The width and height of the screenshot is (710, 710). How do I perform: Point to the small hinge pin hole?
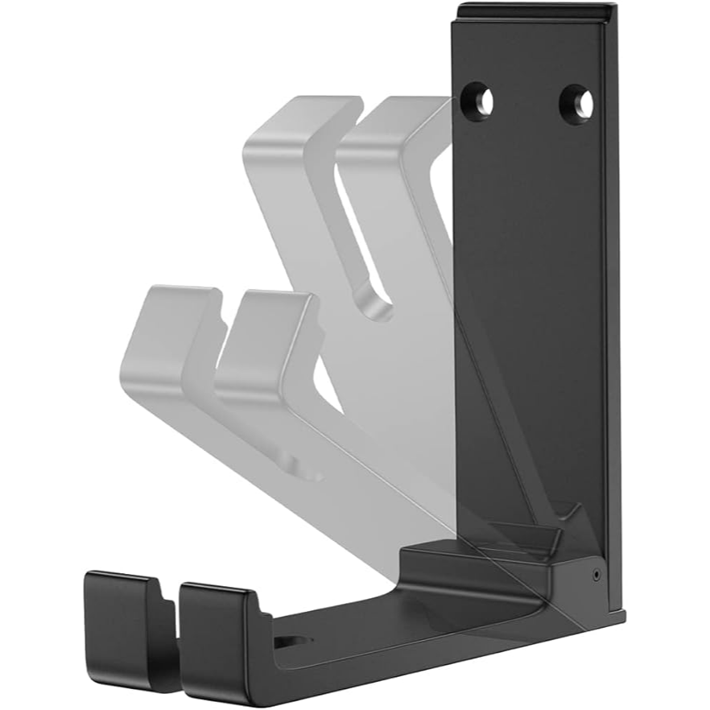pyautogui.click(x=595, y=574)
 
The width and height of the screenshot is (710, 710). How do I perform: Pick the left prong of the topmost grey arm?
pyautogui.click(x=290, y=129)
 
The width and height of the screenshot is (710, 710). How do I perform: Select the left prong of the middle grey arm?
pyautogui.click(x=165, y=330)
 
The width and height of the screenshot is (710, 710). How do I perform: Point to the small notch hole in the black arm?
pyautogui.click(x=294, y=642)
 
